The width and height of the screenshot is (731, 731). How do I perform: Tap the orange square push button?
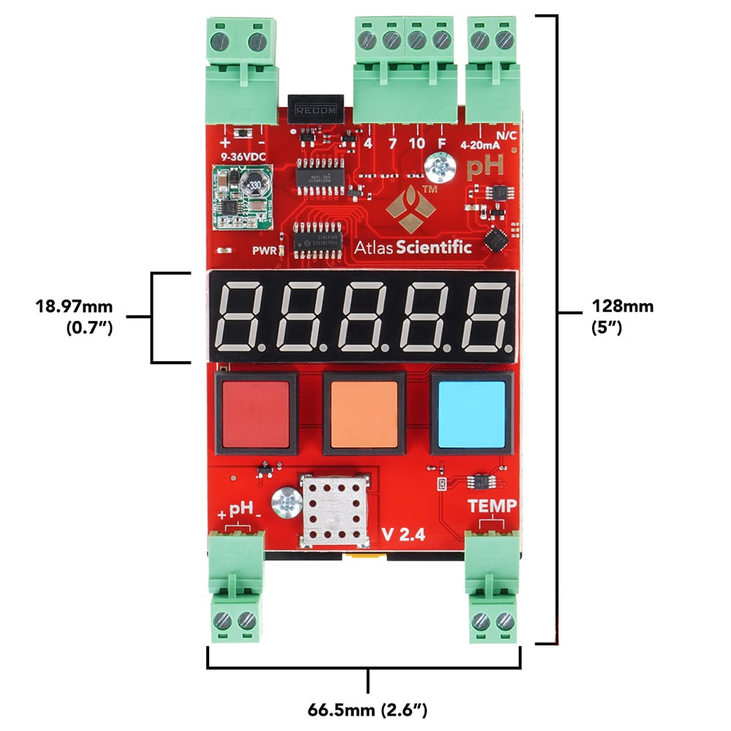[x=364, y=414]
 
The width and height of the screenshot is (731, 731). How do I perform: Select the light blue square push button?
[x=471, y=414]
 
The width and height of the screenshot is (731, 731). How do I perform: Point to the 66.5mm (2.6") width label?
[x=367, y=708]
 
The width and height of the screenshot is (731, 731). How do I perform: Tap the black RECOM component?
[x=316, y=109]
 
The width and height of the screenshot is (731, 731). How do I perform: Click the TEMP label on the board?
[x=492, y=504]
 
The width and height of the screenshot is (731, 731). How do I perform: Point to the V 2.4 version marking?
[x=402, y=534]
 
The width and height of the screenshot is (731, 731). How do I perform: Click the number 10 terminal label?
[x=417, y=144]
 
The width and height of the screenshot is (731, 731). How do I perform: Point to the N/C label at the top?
[x=507, y=135]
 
